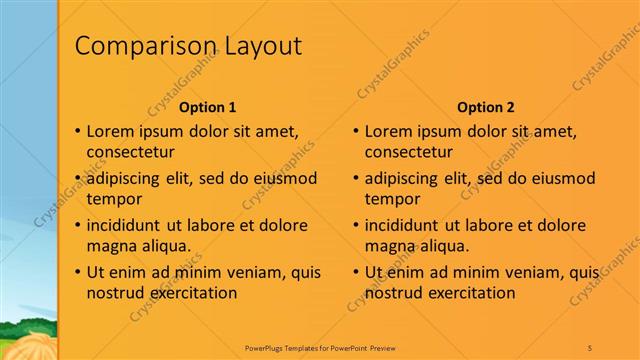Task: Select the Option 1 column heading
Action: [207, 107]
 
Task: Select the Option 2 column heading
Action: [485, 107]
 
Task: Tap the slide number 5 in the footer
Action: [590, 347]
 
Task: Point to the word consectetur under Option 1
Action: [131, 153]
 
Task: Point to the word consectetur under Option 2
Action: [409, 153]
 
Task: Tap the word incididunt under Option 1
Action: [127, 224]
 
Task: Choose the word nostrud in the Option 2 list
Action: [394, 293]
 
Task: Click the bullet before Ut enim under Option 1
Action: [77, 272]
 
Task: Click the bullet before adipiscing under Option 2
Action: [355, 179]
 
